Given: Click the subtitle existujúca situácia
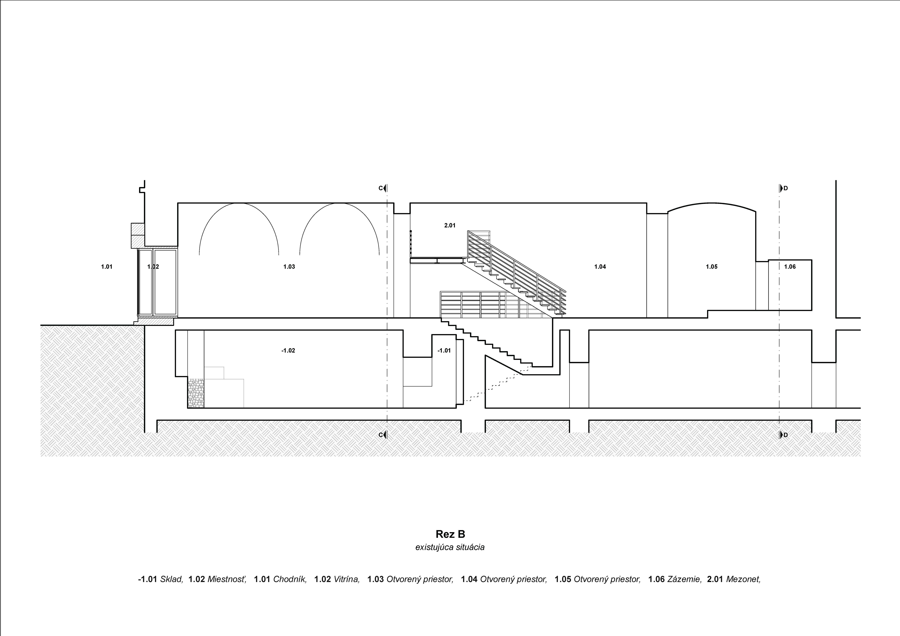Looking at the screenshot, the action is pyautogui.click(x=450, y=547).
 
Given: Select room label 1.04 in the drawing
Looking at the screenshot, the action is pyautogui.click(x=600, y=267).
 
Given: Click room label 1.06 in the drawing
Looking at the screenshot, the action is pyautogui.click(x=790, y=267).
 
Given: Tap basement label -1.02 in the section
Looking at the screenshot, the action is pyautogui.click(x=288, y=351).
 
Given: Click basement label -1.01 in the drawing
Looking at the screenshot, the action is pyautogui.click(x=444, y=351).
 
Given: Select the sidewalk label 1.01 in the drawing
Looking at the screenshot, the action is pyautogui.click(x=107, y=267).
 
